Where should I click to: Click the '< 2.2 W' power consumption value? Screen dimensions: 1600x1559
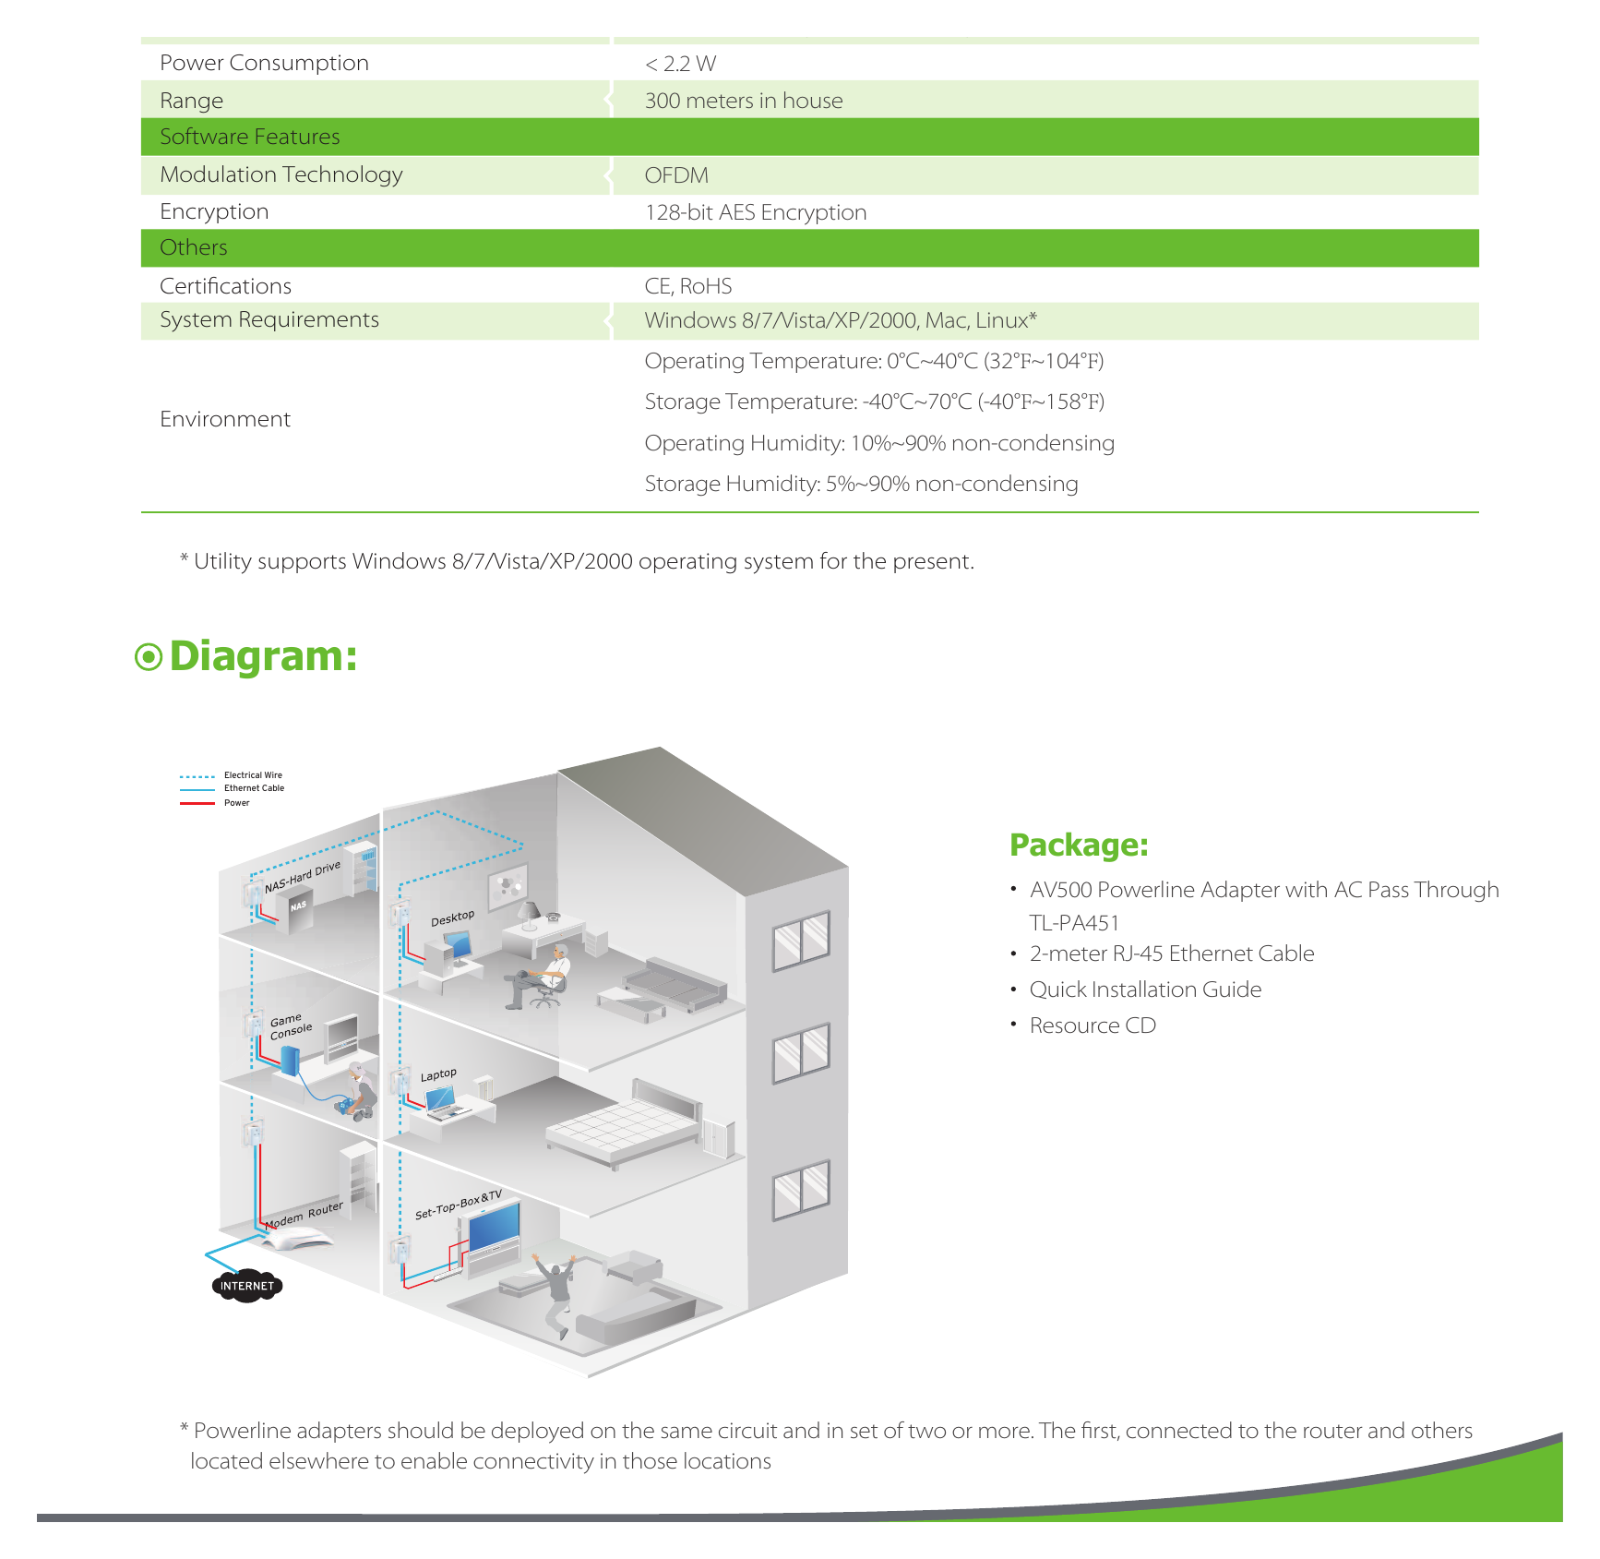(680, 64)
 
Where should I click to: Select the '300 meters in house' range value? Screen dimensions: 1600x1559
(744, 101)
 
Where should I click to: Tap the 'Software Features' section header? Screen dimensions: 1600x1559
(250, 137)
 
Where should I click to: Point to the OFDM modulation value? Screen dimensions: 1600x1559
(676, 175)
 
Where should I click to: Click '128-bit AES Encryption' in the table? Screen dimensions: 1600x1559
(756, 212)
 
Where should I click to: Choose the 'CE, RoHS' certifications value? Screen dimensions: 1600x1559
(688, 286)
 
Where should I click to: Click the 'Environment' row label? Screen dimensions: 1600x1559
(225, 419)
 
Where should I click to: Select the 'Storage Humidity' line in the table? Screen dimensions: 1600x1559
(861, 484)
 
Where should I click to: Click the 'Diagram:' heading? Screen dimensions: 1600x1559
(263, 656)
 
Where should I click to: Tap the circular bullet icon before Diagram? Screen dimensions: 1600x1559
(149, 657)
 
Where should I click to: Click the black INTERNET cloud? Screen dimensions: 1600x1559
(247, 1286)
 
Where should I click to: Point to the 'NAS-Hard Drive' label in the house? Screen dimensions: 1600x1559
(303, 877)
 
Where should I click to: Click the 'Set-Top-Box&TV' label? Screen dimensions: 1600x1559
(459, 1205)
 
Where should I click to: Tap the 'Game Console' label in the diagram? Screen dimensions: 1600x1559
(291, 1026)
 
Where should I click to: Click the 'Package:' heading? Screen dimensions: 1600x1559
(1079, 845)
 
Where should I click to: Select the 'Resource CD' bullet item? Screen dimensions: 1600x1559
(1093, 1025)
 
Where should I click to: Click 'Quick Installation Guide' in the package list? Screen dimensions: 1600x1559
(1145, 989)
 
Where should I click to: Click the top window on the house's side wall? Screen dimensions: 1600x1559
(801, 941)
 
